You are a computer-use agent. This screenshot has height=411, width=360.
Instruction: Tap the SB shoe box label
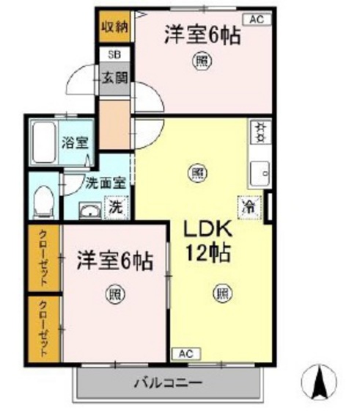click(x=114, y=55)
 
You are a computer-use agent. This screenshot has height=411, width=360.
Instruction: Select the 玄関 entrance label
click(x=114, y=78)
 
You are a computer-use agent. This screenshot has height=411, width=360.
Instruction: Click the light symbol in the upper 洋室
click(x=201, y=62)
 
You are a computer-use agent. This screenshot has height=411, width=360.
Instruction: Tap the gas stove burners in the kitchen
click(x=260, y=132)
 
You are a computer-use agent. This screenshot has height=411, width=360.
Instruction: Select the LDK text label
click(x=207, y=230)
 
